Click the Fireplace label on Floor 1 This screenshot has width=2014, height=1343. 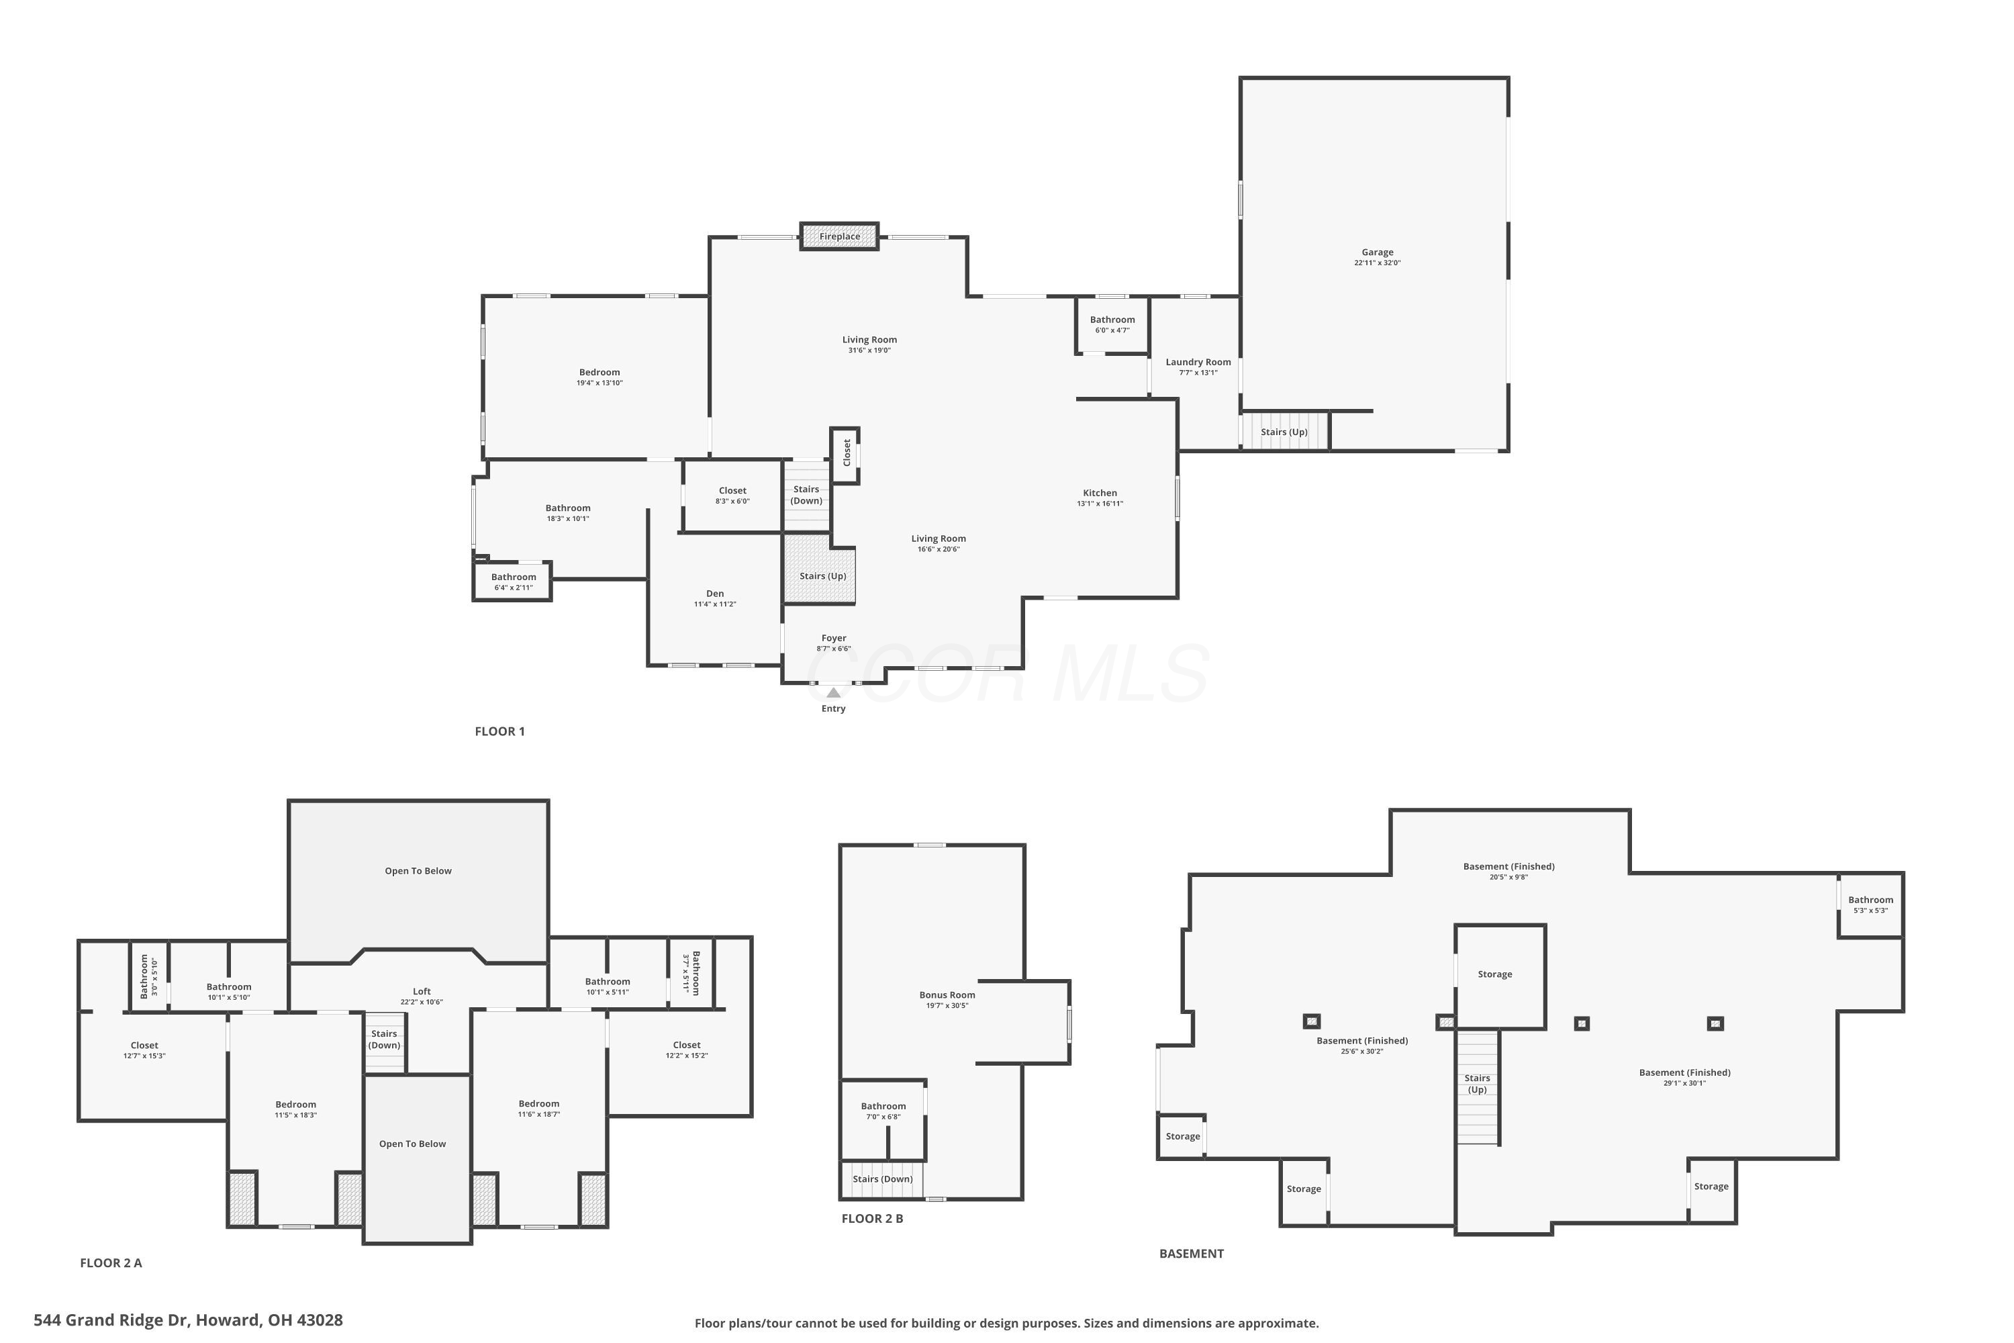pos(839,236)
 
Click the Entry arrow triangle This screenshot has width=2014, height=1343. pos(833,693)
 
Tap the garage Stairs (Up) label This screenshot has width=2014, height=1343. pos(1284,432)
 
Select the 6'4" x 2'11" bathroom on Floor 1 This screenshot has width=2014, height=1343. pos(513,582)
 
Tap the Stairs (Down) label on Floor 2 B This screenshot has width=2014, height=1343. pos(882,1178)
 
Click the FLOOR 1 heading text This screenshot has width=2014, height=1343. pos(500,731)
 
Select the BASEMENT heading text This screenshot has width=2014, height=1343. pos(1191,1254)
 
